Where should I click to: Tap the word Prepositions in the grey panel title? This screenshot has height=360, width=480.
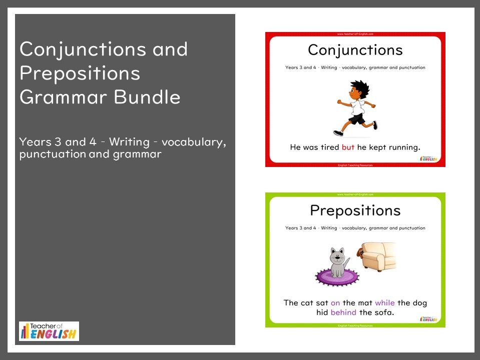click(80, 73)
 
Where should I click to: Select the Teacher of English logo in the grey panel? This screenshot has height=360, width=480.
click(49, 331)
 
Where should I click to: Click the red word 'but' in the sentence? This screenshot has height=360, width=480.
click(347, 147)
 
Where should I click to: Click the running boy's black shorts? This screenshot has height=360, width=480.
click(357, 119)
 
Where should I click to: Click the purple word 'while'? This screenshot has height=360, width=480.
click(384, 303)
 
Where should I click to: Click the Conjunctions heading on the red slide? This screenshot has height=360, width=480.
click(355, 50)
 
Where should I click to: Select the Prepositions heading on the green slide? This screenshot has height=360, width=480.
click(355, 210)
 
